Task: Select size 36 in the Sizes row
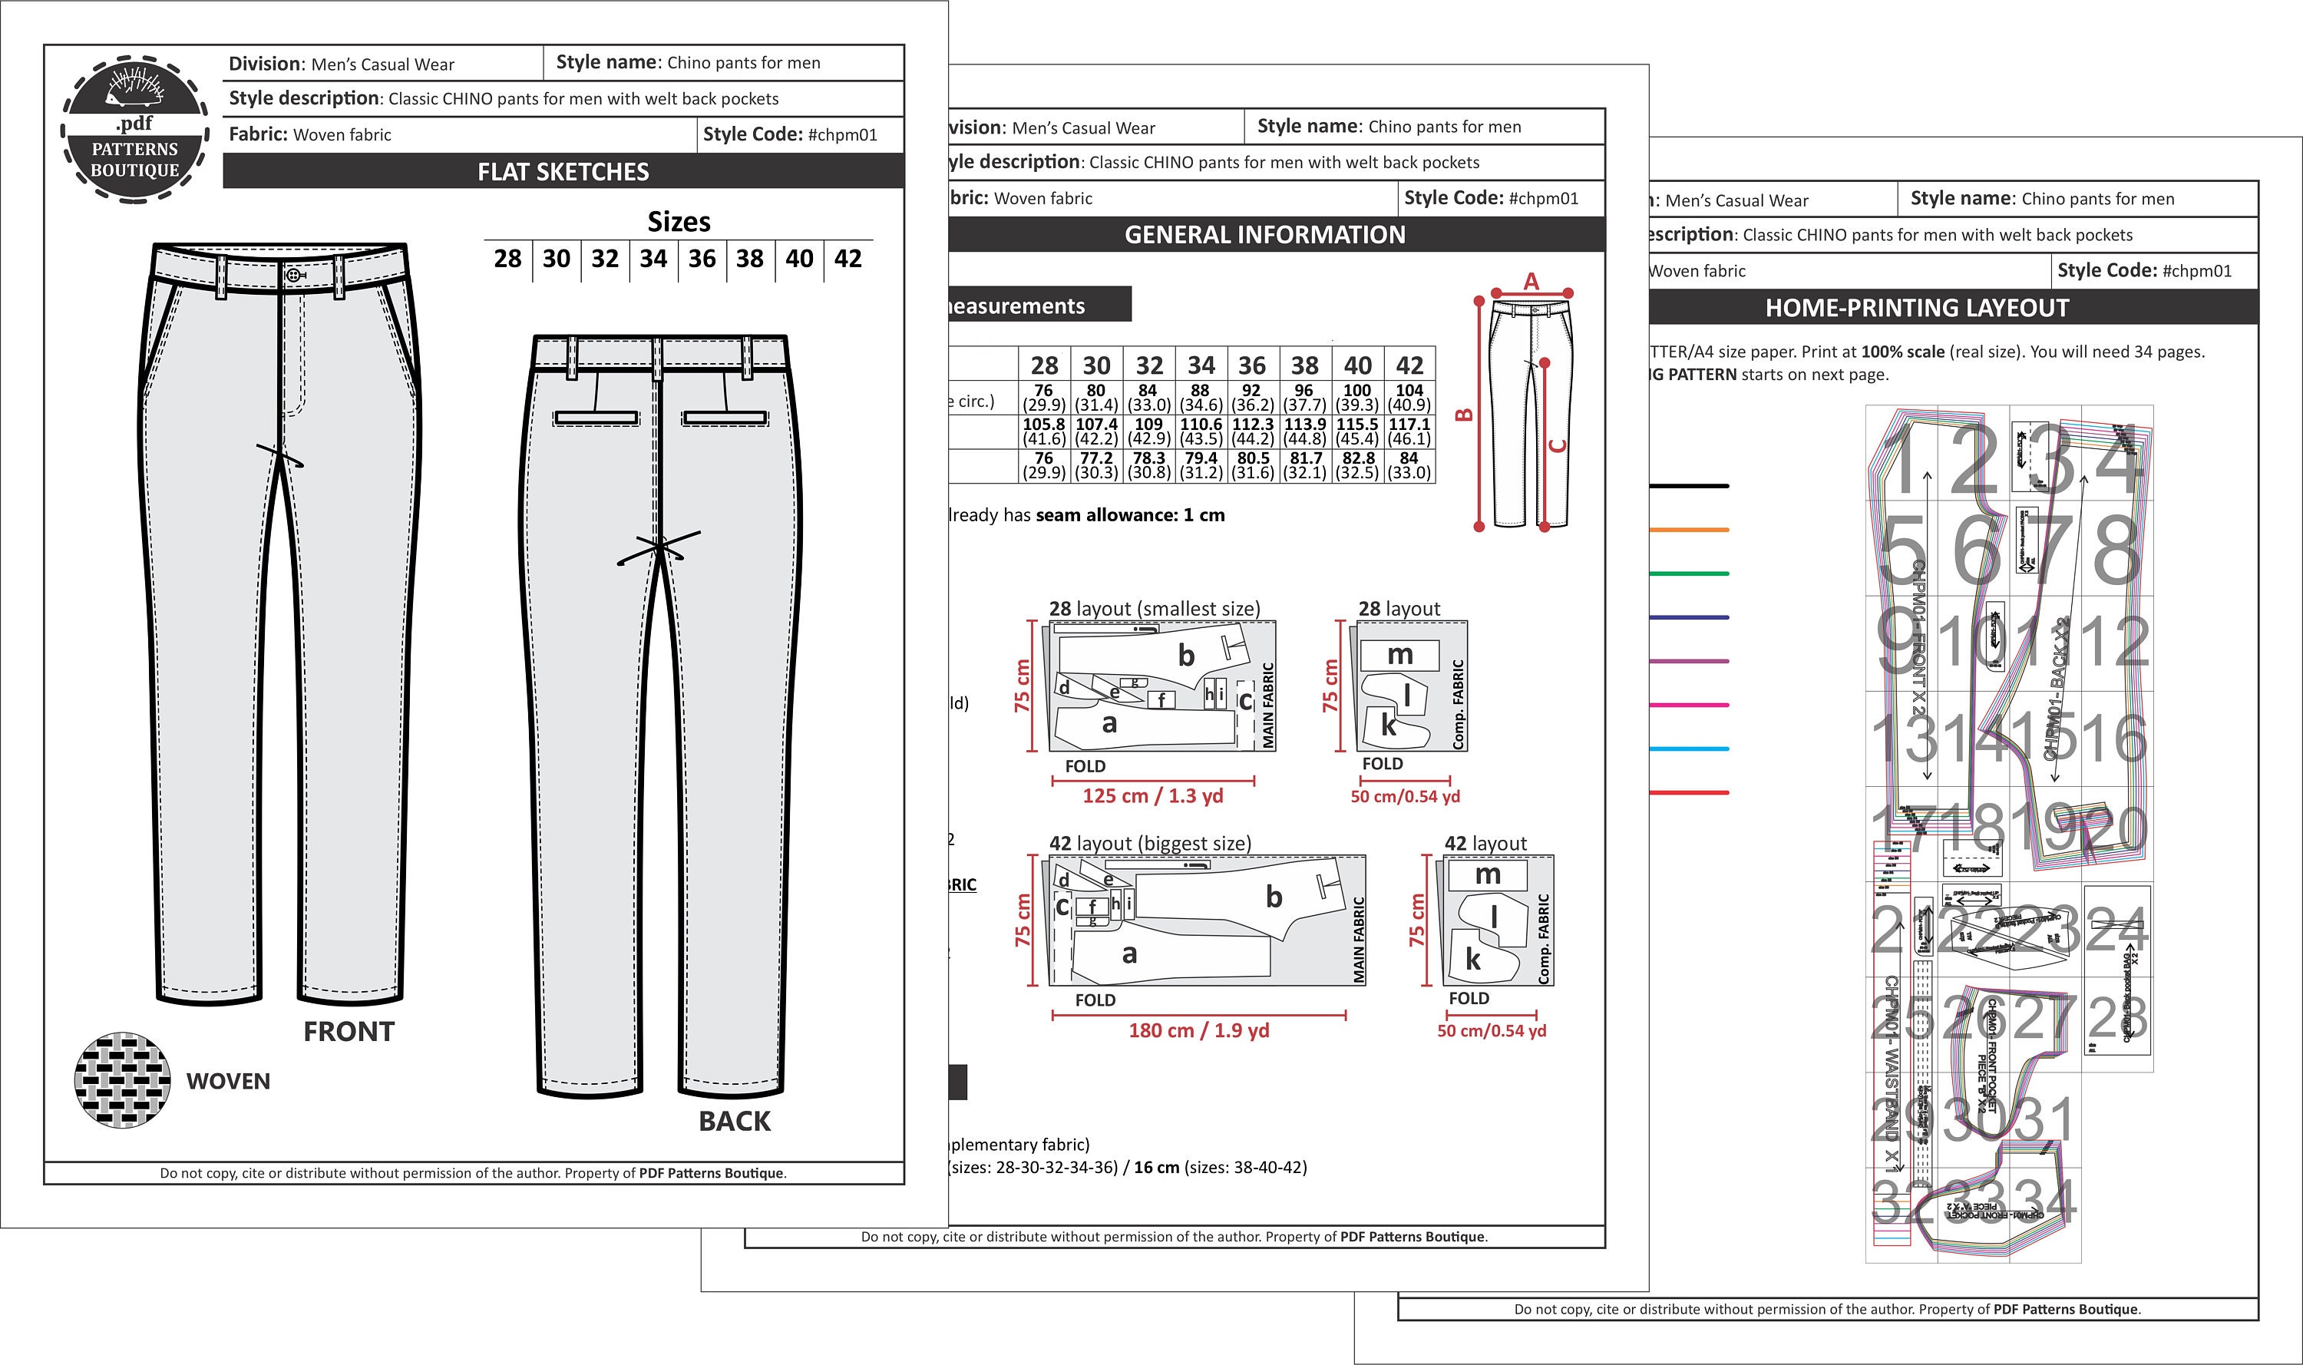[702, 259]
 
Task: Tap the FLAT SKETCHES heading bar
[563, 172]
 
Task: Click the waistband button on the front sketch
[293, 274]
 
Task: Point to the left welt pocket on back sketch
[596, 418]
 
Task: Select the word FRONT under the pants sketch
[349, 1032]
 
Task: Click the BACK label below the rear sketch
[734, 1121]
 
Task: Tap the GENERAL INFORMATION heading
[1264, 235]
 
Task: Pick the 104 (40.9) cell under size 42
[1409, 398]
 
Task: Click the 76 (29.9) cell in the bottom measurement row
[1043, 465]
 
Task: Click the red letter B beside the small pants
[1464, 414]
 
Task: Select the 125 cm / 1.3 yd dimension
[1152, 795]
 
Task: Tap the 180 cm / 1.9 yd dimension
[1198, 1030]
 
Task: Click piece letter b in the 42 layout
[1274, 897]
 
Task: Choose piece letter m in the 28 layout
[1399, 655]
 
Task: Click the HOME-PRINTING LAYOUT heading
[1917, 308]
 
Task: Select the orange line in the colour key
[1690, 530]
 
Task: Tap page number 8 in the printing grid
[2116, 551]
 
